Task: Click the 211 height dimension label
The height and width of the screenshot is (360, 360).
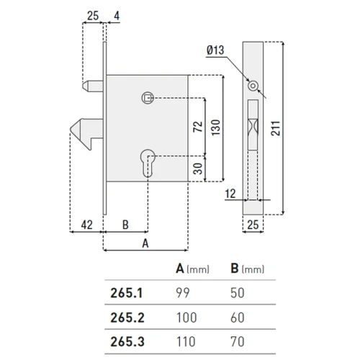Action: click(x=276, y=129)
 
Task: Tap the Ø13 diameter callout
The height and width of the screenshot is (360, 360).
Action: click(x=215, y=50)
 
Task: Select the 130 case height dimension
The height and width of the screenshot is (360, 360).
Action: click(x=216, y=127)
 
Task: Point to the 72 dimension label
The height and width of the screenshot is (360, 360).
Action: click(x=198, y=127)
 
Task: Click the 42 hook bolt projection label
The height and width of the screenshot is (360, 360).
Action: click(x=86, y=225)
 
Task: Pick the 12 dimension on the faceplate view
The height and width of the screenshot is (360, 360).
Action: click(x=230, y=194)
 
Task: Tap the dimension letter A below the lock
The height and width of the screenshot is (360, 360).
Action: click(x=145, y=243)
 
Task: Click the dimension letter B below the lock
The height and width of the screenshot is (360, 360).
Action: click(x=125, y=225)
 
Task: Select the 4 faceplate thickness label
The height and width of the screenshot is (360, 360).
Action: click(x=117, y=16)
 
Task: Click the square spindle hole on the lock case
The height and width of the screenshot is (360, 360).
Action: click(x=148, y=98)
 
